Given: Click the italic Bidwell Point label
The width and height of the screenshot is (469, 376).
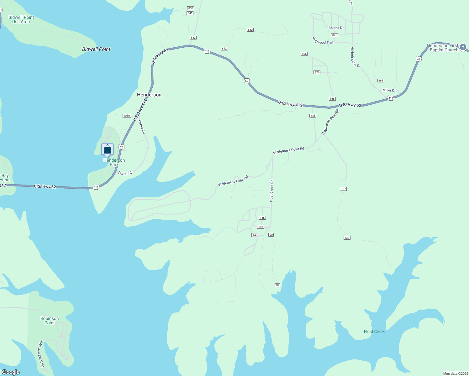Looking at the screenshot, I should [x=96, y=49].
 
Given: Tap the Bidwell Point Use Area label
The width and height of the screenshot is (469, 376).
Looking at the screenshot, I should [x=21, y=19].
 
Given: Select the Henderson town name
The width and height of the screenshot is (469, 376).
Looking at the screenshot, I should [x=149, y=95].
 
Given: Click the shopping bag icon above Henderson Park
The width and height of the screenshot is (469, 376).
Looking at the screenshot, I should [x=107, y=149].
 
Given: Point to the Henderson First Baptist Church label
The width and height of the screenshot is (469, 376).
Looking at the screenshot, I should [x=443, y=48].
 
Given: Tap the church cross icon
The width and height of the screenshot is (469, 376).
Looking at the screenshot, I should [x=463, y=47].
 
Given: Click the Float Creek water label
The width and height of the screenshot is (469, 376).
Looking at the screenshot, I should [x=374, y=332].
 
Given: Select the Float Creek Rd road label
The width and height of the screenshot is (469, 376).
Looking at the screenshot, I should [x=272, y=191].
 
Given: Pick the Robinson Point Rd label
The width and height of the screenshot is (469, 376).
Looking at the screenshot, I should [x=41, y=354].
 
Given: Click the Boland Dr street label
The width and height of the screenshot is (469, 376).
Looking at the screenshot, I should [x=336, y=28].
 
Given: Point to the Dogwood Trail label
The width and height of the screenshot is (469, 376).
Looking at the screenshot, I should [x=323, y=40].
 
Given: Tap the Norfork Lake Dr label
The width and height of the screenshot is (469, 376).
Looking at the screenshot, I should [x=356, y=57].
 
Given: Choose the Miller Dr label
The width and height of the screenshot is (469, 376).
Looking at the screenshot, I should [x=389, y=90].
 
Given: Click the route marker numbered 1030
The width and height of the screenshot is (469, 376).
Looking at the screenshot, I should [x=127, y=116].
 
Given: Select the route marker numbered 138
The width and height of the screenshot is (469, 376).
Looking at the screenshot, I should [x=313, y=116].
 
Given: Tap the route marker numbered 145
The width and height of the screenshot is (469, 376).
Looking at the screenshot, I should [x=262, y=218].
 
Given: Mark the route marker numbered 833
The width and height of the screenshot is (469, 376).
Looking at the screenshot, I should [x=191, y=8].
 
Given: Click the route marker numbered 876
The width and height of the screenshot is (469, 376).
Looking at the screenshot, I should [x=317, y=72].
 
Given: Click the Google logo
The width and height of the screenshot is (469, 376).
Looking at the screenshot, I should [x=11, y=372].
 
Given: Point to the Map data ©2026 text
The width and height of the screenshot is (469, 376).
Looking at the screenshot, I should [x=455, y=373].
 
